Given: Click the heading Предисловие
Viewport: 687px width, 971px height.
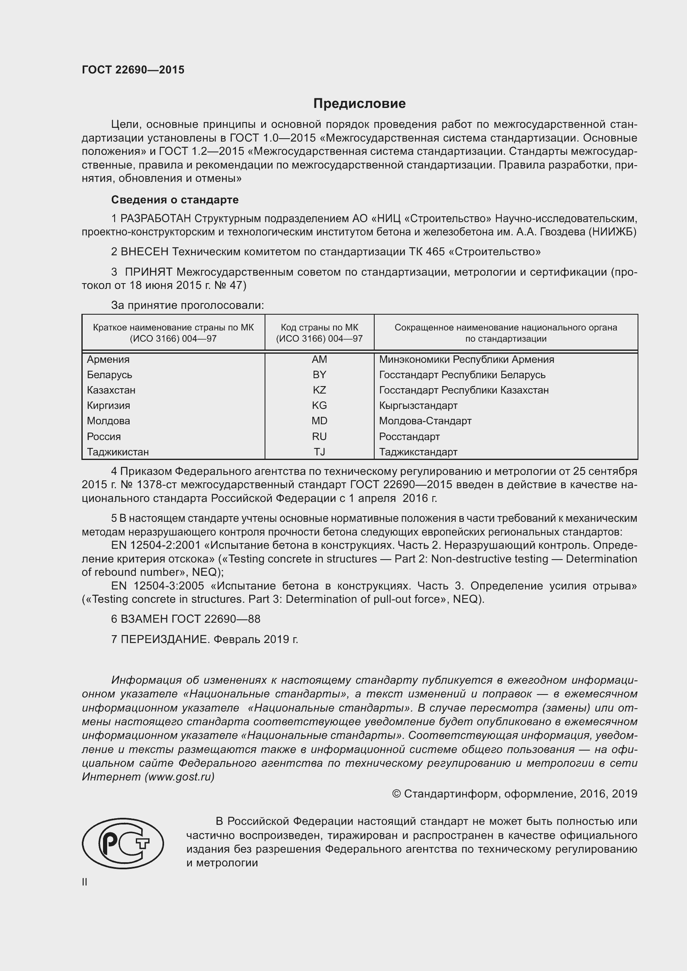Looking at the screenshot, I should tap(359, 103).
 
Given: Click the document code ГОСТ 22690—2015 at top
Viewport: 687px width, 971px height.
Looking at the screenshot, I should tap(133, 70).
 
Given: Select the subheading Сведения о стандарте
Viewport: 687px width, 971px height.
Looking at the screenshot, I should tap(175, 200).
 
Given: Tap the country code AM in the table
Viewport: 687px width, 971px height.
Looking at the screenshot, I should tap(319, 360).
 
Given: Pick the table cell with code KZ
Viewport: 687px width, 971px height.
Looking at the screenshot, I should tap(319, 390).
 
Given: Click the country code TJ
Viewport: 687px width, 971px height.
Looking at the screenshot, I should tap(319, 452).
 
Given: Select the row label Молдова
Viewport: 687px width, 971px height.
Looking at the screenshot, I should tap(108, 421).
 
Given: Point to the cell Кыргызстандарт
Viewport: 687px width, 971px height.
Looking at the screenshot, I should tap(418, 406).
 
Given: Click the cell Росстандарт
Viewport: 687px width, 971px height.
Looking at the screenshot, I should tap(409, 436).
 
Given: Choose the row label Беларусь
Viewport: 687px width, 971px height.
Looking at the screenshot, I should tap(109, 375).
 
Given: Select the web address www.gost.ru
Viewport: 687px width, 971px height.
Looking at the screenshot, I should tap(179, 777).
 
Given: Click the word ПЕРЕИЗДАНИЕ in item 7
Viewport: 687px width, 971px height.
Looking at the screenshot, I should tap(165, 639).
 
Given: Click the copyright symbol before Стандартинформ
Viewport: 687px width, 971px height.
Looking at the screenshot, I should tap(396, 794).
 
